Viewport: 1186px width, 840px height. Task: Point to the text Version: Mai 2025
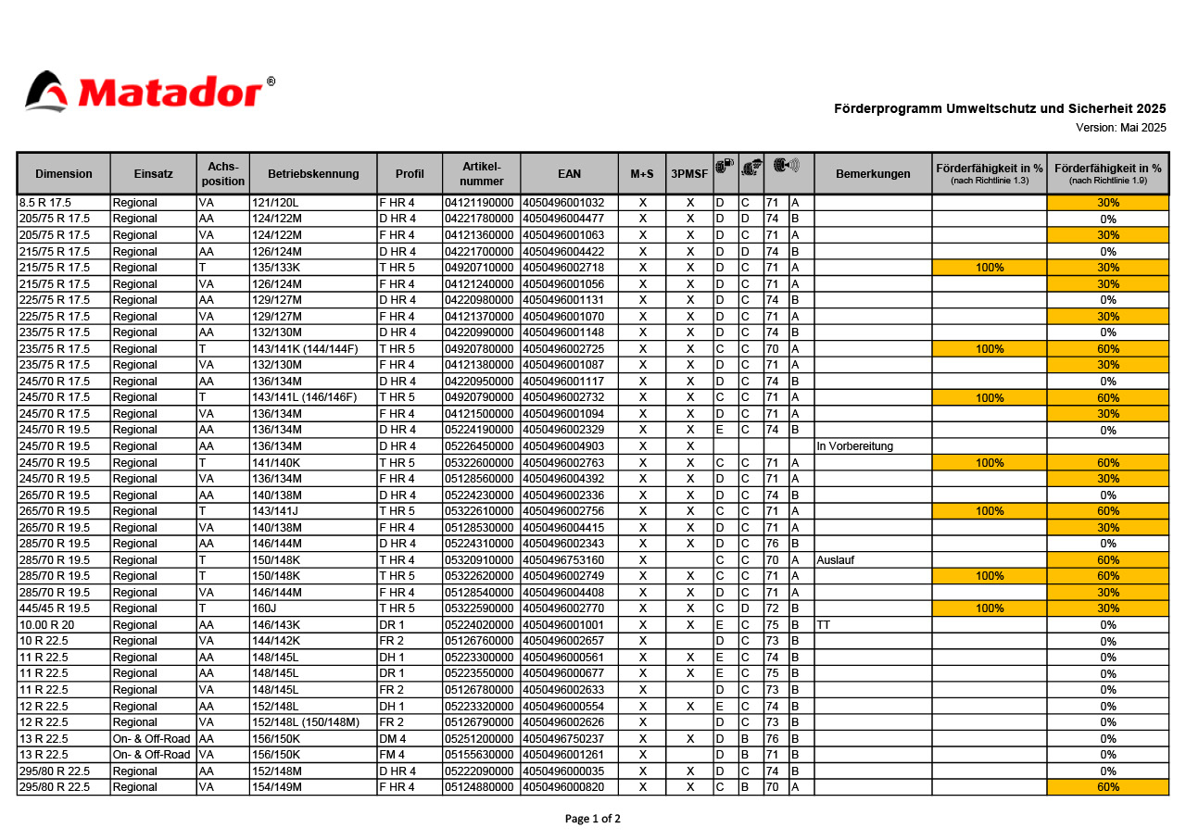coord(1120,127)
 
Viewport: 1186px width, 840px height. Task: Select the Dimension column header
coord(64,173)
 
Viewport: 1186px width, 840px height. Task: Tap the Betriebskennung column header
coord(313,173)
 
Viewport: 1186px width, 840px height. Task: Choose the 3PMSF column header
coord(688,173)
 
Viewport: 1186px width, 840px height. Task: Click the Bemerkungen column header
coord(873,173)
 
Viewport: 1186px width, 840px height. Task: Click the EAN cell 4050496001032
coord(563,203)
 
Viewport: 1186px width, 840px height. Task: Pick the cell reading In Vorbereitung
coord(854,446)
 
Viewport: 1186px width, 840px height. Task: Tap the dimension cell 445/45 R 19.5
coord(55,608)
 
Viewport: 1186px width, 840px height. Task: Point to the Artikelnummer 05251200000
coord(479,739)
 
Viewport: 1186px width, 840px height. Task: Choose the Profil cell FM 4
coord(392,755)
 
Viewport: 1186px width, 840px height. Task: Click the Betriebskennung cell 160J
coord(264,608)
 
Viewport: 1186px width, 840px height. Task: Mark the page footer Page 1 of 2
coord(593,819)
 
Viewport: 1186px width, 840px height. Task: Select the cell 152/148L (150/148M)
coord(305,722)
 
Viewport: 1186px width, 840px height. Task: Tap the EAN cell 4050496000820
coord(563,787)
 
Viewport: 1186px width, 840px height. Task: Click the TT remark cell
coord(824,625)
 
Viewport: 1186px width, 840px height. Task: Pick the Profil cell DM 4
coord(392,739)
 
